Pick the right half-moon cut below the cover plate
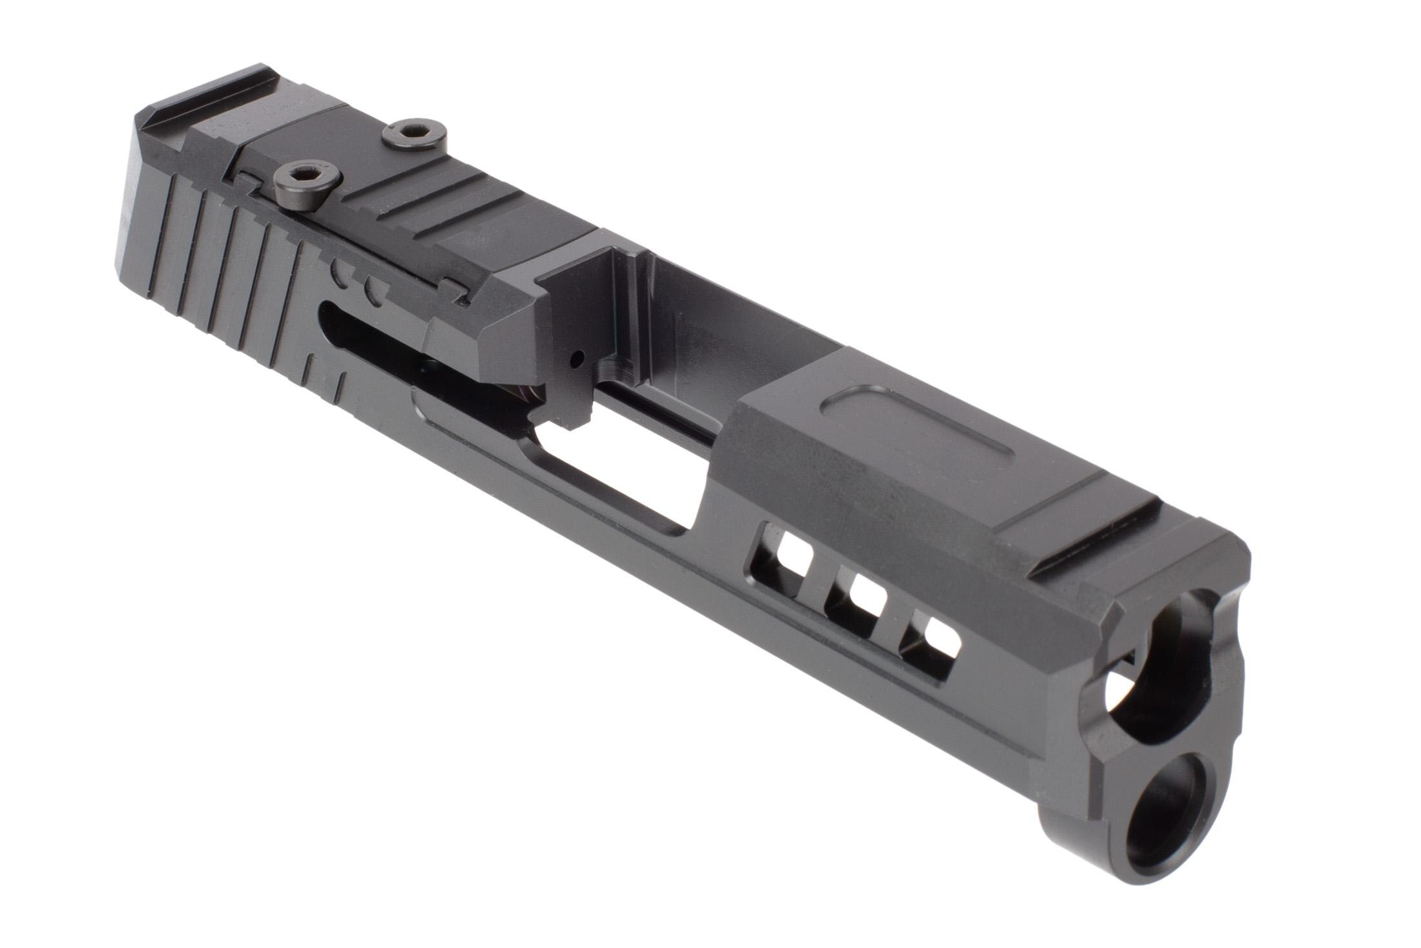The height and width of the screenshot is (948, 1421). click(373, 290)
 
